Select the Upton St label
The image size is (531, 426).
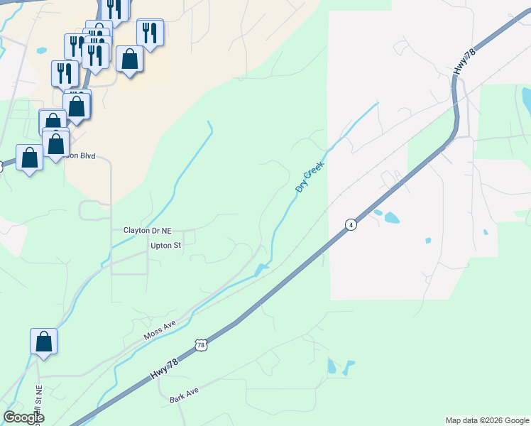click(166, 246)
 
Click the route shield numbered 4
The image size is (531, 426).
click(350, 224)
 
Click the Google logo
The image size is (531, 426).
click(24, 417)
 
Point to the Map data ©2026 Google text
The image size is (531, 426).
click(486, 420)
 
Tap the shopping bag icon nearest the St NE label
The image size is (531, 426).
click(43, 342)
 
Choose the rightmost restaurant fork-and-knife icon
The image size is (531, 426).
click(150, 33)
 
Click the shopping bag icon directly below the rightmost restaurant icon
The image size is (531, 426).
click(130, 59)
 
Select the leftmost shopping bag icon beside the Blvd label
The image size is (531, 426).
click(29, 158)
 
